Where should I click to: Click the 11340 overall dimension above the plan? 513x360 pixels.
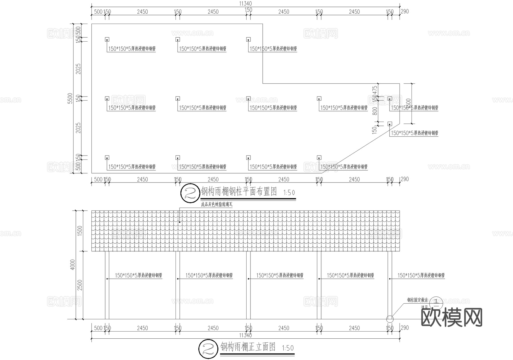(x=245, y=3)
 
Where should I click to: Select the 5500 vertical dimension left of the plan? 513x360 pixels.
(x=70, y=98)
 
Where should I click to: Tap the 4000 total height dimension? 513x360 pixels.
(x=73, y=265)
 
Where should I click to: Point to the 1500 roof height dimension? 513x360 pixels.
(x=80, y=231)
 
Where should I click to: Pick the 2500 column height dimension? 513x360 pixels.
(x=80, y=285)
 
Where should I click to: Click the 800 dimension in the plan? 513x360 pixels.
(x=375, y=111)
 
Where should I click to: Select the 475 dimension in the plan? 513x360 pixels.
(x=375, y=90)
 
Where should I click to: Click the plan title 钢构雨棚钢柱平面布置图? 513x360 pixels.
(x=239, y=192)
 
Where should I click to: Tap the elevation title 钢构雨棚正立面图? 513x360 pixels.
(x=248, y=347)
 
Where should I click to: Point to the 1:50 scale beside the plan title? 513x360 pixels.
(x=289, y=193)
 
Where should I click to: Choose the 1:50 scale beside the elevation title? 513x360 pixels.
(x=288, y=348)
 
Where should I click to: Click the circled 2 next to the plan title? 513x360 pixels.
(x=190, y=193)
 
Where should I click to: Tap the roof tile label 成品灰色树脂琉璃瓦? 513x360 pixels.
(x=217, y=204)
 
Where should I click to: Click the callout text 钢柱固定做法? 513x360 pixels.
(x=418, y=300)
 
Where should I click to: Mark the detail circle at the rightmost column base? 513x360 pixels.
(x=390, y=319)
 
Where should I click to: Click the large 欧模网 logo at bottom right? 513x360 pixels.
(x=451, y=317)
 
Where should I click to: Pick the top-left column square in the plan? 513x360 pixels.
(x=107, y=40)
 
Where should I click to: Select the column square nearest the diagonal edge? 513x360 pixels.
(x=390, y=124)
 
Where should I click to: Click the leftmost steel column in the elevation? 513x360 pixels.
(x=107, y=285)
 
